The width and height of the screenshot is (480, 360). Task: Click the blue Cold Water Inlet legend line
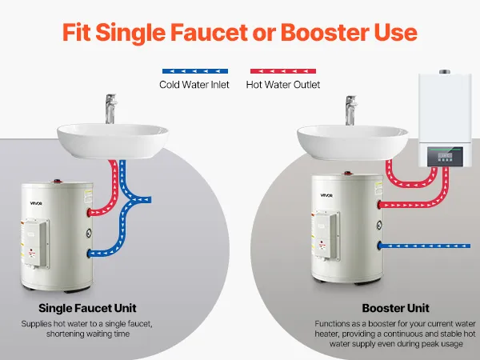click(195, 71)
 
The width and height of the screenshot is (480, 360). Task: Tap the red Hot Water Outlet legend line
click(283, 71)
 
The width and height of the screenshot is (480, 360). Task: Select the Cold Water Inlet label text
click(194, 85)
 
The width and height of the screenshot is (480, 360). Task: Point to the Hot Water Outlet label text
click(283, 85)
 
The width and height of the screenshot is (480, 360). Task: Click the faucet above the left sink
click(111, 109)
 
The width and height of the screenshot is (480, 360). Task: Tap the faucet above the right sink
click(351, 110)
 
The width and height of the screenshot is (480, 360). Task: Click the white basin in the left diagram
click(113, 141)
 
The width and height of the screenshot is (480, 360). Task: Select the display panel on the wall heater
click(445, 157)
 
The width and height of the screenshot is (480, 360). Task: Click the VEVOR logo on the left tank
click(36, 203)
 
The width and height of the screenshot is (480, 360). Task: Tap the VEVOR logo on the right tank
click(326, 195)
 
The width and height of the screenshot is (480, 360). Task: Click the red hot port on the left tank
click(89, 212)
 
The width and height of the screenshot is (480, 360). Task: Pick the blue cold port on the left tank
click(89, 253)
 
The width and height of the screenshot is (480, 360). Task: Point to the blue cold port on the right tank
click(379, 246)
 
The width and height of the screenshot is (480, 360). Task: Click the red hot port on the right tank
click(379, 205)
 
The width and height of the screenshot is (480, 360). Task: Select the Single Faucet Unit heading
click(87, 308)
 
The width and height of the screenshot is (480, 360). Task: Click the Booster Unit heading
click(395, 308)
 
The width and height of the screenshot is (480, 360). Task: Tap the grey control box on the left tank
click(36, 242)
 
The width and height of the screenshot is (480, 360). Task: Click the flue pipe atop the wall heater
click(445, 72)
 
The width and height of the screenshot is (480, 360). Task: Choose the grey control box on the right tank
click(327, 234)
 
